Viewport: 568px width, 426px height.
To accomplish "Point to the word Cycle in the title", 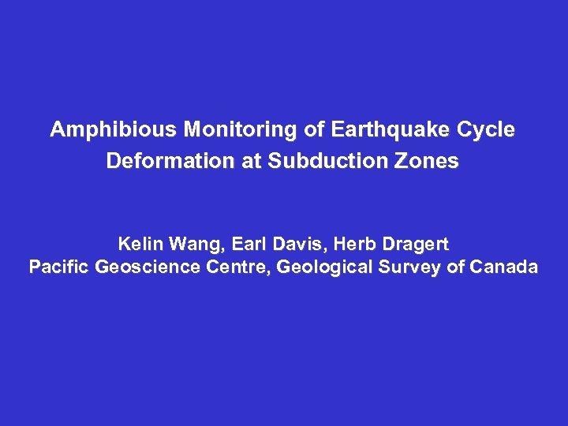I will (x=488, y=130).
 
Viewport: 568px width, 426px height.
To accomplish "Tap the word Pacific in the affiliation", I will (x=59, y=267).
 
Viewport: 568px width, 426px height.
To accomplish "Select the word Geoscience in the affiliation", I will (x=149, y=267).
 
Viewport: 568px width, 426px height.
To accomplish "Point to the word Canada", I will (x=503, y=267).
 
